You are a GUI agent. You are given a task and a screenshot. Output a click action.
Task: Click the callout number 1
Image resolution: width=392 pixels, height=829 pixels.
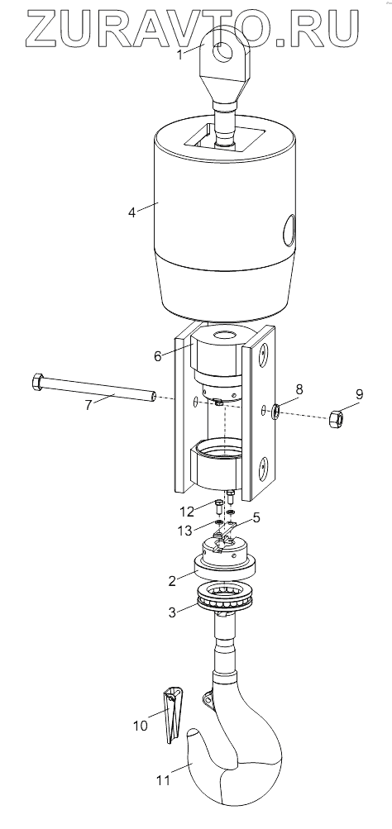[180, 55]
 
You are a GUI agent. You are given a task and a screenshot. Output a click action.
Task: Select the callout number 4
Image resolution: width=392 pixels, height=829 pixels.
[132, 212]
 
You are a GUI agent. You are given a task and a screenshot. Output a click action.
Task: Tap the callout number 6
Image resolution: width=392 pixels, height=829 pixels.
[158, 355]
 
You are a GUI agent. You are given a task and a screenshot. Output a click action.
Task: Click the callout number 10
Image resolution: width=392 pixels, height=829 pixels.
[141, 726]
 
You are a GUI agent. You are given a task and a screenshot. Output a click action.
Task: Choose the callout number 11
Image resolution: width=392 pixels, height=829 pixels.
[164, 779]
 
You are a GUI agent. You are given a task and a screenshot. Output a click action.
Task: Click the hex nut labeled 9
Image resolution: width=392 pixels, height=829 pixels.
[337, 419]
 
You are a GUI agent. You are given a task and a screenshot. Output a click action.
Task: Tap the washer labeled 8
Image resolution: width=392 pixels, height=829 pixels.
[275, 412]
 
